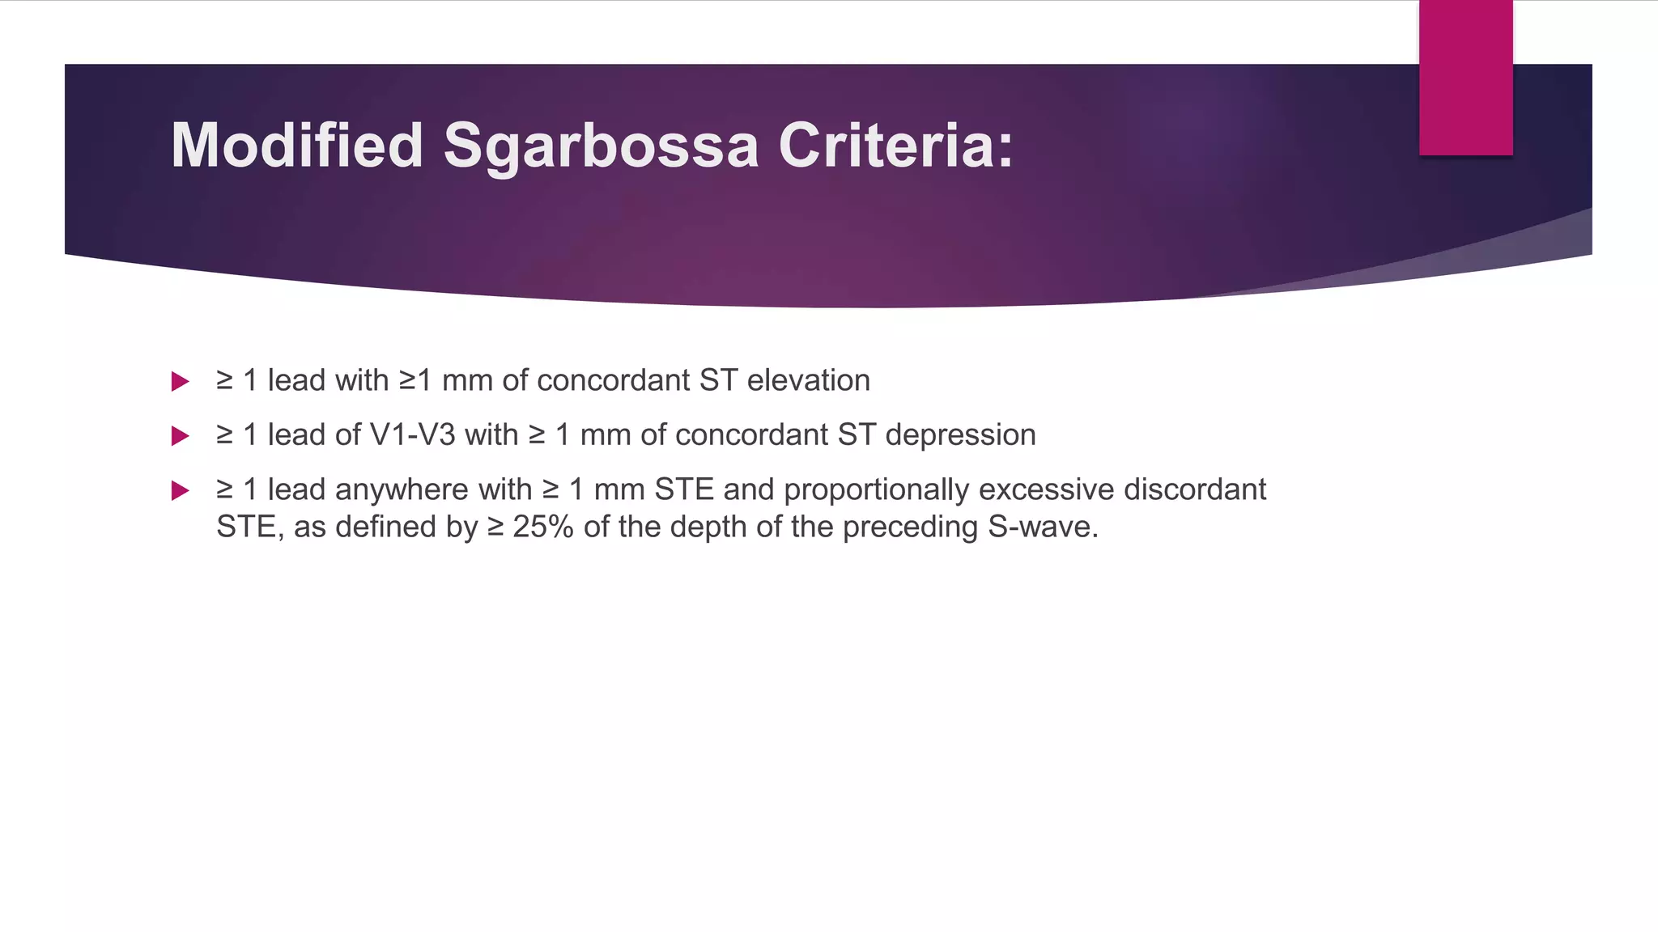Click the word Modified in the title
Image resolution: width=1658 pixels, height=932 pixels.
click(x=297, y=146)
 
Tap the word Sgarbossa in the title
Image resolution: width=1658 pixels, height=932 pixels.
click(x=601, y=147)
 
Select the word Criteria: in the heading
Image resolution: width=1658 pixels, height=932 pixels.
click(x=895, y=146)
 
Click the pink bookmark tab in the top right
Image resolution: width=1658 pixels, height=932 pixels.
click(x=1465, y=78)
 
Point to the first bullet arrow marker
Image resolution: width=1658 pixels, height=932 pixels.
click(x=181, y=382)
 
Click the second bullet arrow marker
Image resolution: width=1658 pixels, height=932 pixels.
click(x=181, y=437)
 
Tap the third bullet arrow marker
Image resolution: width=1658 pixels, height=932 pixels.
click(x=181, y=491)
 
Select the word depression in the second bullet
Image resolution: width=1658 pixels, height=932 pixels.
click(x=960, y=435)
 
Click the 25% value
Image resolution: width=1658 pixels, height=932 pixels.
click(x=543, y=527)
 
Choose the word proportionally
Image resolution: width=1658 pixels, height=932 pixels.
click(x=876, y=490)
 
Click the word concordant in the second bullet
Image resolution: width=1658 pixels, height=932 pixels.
click(x=752, y=435)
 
